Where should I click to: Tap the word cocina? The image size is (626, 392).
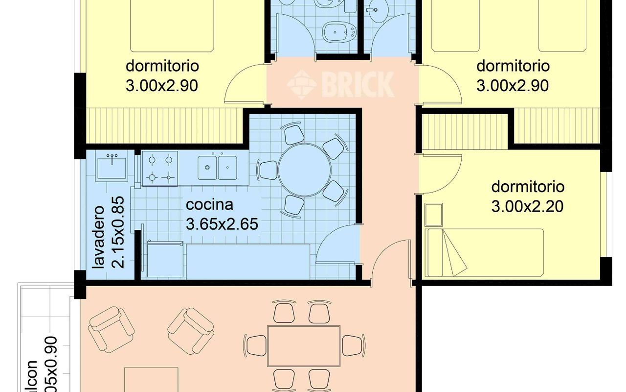[x=209, y=204]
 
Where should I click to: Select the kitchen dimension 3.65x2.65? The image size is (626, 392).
[x=222, y=224]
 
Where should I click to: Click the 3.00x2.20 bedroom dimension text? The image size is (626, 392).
[x=527, y=206]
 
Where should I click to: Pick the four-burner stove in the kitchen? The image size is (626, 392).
[x=160, y=168]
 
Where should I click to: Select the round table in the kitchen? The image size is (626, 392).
[x=304, y=170]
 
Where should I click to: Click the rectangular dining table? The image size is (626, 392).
[x=304, y=346]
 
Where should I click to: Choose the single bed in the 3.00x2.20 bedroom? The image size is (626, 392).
[x=484, y=252]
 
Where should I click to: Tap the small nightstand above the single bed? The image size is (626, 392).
[x=433, y=215]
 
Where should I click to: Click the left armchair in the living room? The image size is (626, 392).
[x=112, y=328]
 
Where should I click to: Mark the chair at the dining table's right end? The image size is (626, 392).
[x=351, y=345]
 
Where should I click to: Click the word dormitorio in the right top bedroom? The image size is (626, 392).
[x=513, y=66]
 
